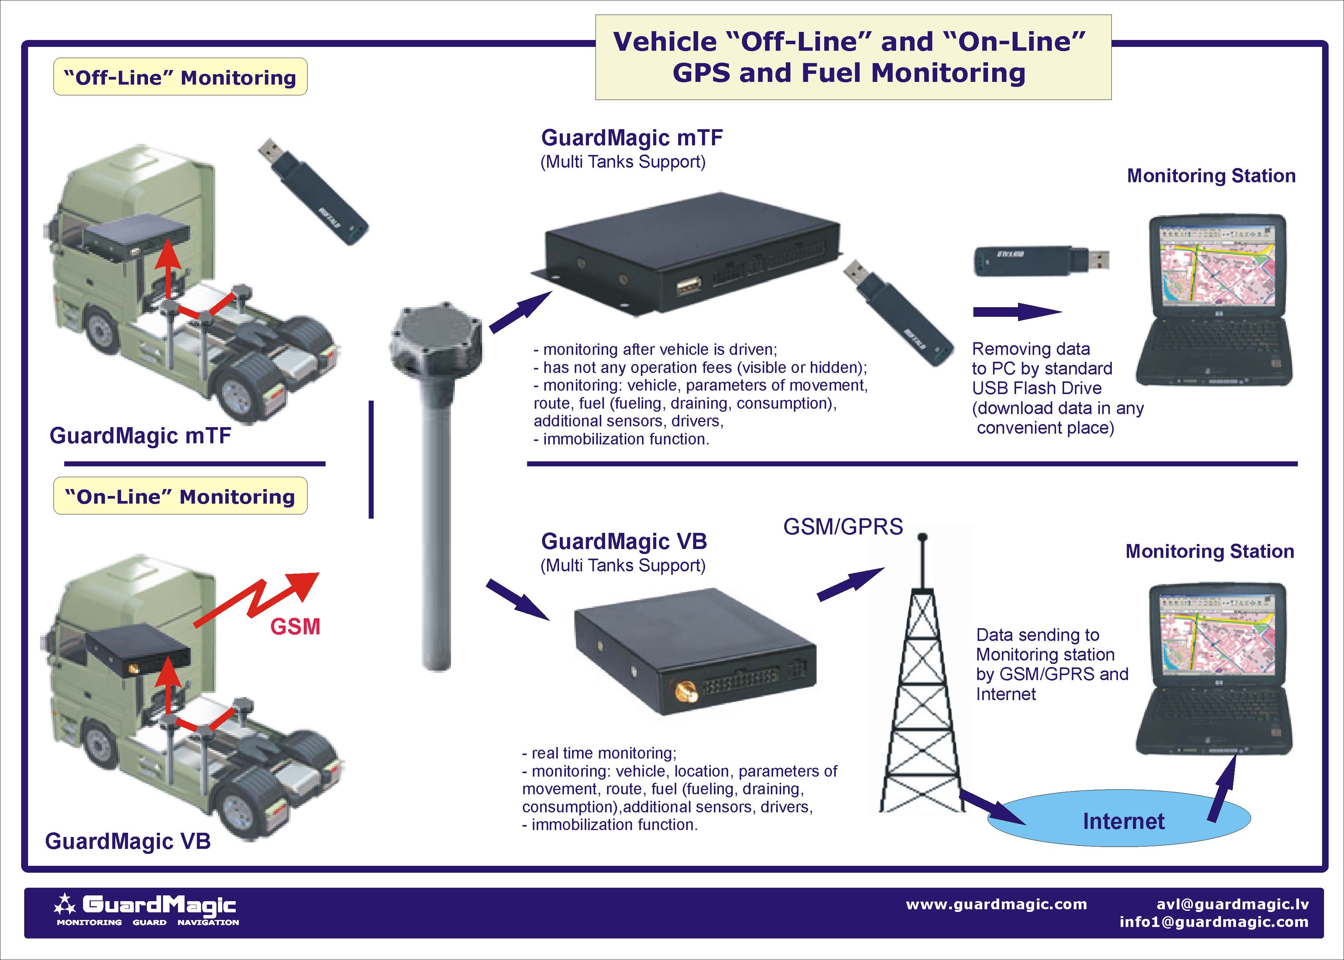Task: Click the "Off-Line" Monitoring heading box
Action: pos(180,77)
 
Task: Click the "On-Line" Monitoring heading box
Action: pos(180,496)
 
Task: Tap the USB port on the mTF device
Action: pos(689,287)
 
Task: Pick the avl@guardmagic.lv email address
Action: pos(1232,904)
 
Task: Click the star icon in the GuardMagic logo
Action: pos(65,904)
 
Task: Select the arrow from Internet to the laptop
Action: pos(1222,789)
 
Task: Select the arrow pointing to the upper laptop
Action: pos(1016,311)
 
